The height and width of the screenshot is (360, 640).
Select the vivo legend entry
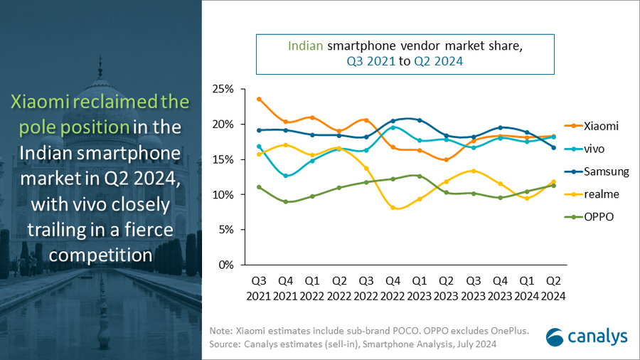click(x=595, y=149)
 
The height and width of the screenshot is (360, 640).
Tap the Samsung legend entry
click(x=605, y=171)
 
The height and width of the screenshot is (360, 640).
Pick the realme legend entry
click(x=601, y=194)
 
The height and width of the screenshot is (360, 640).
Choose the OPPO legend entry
click(x=598, y=217)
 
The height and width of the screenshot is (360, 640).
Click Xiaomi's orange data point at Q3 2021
click(x=259, y=99)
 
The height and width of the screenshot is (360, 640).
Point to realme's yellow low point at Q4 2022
click(x=393, y=207)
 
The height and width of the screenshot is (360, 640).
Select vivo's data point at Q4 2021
click(x=285, y=175)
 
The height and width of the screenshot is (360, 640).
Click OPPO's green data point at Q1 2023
click(x=420, y=176)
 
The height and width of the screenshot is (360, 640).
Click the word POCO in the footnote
click(x=380, y=332)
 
